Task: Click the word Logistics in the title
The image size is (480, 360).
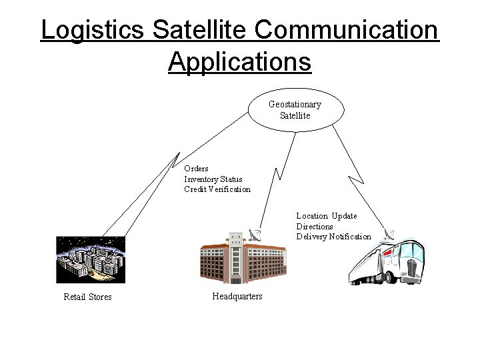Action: pyautogui.click(x=93, y=31)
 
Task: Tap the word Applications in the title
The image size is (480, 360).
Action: pyautogui.click(x=239, y=62)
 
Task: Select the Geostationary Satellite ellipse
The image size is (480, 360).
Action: pyautogui.click(x=295, y=109)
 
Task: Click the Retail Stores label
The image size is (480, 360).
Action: pyautogui.click(x=87, y=297)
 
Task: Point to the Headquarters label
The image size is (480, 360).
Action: pyautogui.click(x=237, y=296)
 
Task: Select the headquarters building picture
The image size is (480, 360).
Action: pyautogui.click(x=243, y=260)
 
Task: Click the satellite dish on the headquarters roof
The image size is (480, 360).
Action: pyautogui.click(x=255, y=234)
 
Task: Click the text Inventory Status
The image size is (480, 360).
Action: pyautogui.click(x=213, y=179)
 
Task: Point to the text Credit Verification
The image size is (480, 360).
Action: pyautogui.click(x=217, y=189)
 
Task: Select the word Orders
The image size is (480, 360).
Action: pyautogui.click(x=196, y=169)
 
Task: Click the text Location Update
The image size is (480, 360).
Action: pyautogui.click(x=327, y=216)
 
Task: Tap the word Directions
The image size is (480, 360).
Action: pyautogui.click(x=315, y=227)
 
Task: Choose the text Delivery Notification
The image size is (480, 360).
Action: pyautogui.click(x=334, y=237)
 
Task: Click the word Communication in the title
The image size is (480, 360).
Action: pyautogui.click(x=346, y=31)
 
